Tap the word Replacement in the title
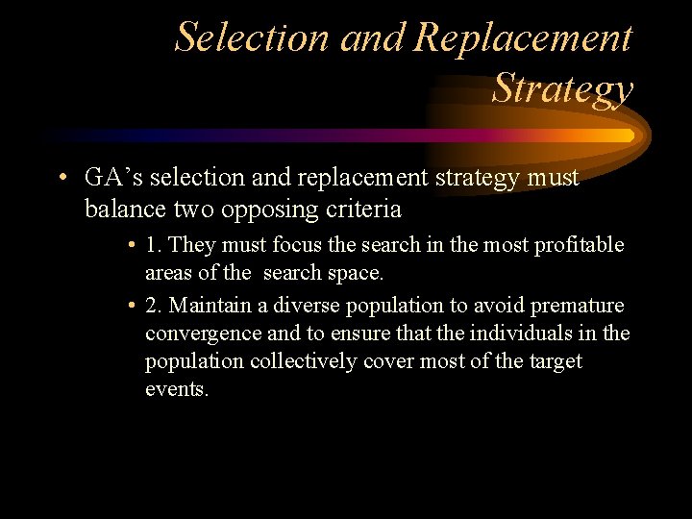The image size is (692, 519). pos(523,37)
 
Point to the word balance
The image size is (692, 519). pos(122,209)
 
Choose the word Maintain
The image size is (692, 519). pos(211,306)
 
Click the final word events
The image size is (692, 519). pos(176,389)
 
